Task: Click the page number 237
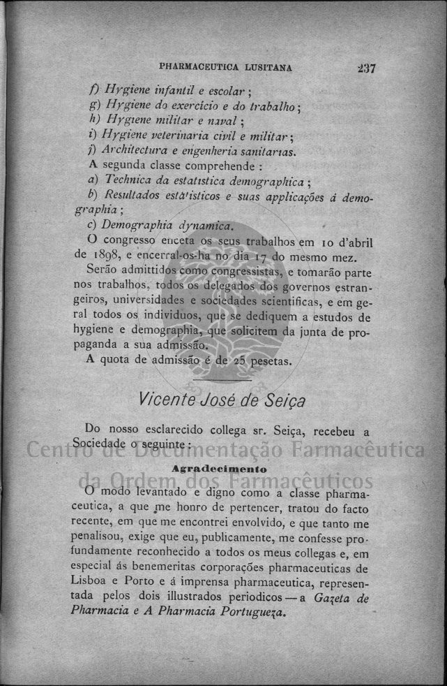(365, 68)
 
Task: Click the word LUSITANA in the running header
(268, 68)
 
